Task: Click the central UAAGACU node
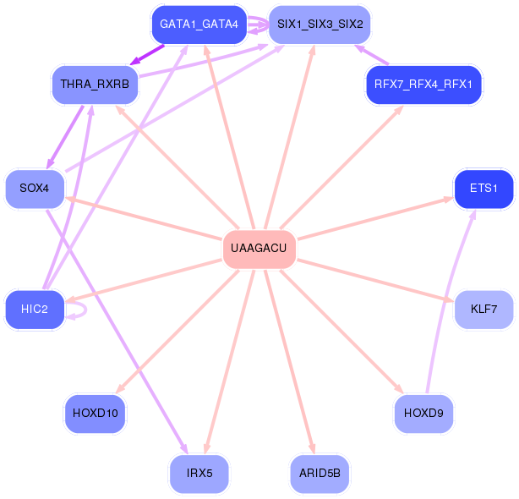(259, 249)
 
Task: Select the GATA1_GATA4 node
(199, 25)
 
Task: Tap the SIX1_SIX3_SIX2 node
(320, 25)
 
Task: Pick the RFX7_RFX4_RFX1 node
(423, 85)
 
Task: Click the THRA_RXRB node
(94, 85)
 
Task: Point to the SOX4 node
(35, 188)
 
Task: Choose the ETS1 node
(483, 188)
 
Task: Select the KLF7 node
(483, 310)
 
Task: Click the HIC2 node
(35, 310)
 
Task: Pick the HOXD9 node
(423, 414)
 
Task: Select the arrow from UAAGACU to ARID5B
(288, 355)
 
